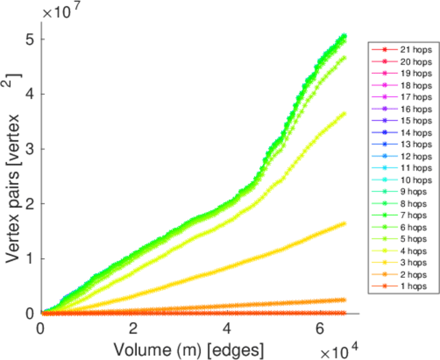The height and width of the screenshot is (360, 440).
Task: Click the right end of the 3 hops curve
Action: coord(345,223)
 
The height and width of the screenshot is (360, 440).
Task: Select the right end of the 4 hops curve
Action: coord(345,113)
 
